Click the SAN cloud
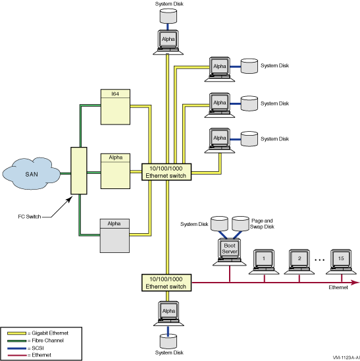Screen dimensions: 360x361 (x=32, y=173)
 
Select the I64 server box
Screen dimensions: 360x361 (x=115, y=107)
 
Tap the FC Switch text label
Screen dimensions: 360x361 (x=30, y=217)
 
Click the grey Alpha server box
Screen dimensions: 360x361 (x=115, y=236)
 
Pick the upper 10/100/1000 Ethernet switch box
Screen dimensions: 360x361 (x=167, y=172)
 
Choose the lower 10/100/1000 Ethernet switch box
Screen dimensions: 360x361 (x=167, y=283)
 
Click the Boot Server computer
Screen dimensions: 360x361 (x=229, y=252)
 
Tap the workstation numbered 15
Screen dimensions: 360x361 (x=341, y=262)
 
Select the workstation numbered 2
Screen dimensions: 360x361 (x=299, y=262)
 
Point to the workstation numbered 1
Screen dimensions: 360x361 (x=264, y=262)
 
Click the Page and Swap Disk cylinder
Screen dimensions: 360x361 (x=240, y=223)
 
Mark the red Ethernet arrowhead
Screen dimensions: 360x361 (x=355, y=282)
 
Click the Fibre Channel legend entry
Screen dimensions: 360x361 (x=36, y=341)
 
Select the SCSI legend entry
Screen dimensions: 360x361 (x=26, y=348)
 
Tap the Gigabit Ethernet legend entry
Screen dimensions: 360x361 (x=38, y=333)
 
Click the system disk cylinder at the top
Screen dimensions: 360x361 (x=168, y=16)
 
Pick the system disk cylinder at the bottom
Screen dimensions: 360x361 (x=168, y=341)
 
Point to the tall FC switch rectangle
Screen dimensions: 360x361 (x=79, y=171)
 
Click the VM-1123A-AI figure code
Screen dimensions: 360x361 (x=346, y=358)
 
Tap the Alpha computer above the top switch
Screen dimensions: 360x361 (x=168, y=42)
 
